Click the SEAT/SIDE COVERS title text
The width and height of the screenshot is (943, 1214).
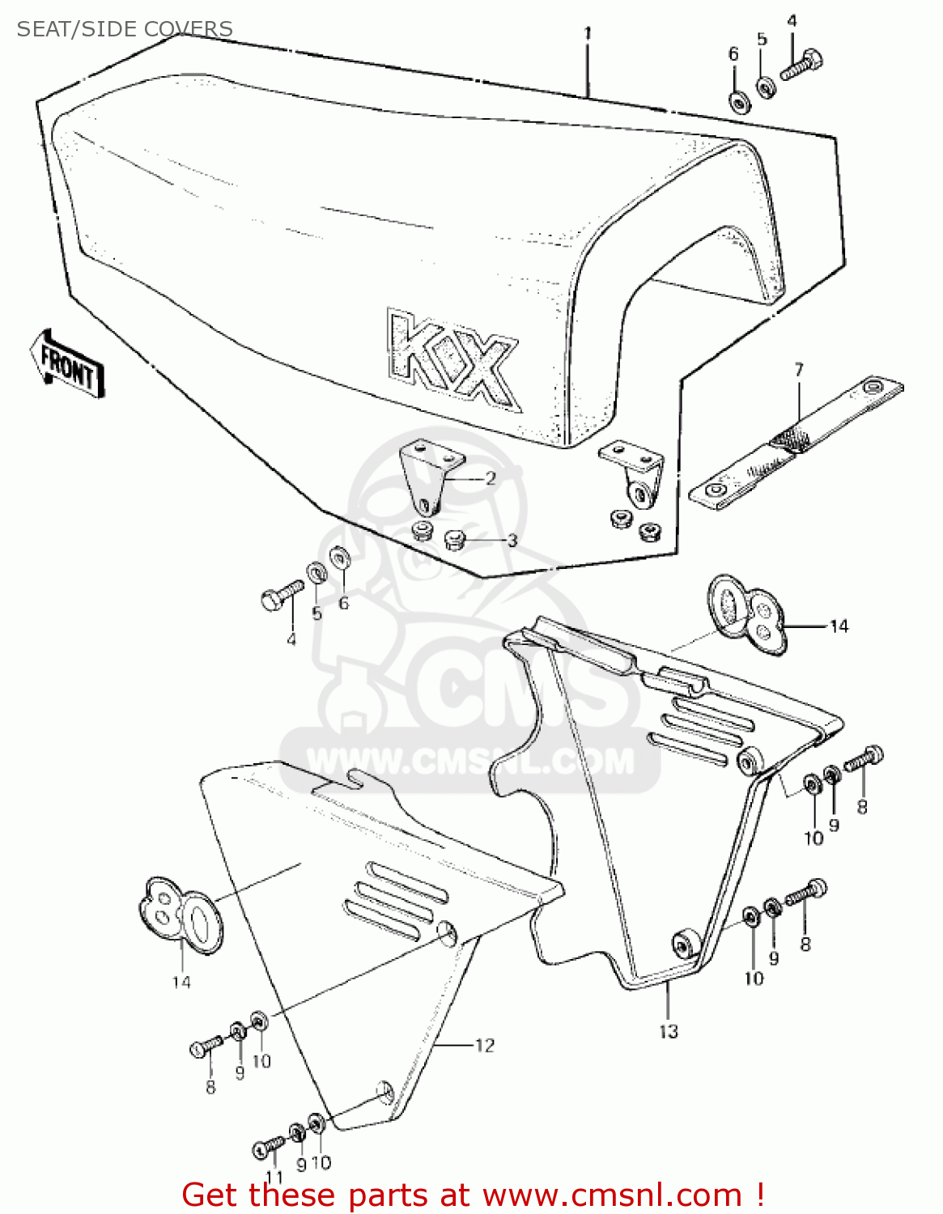pos(125,29)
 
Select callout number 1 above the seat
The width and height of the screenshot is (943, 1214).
pos(588,33)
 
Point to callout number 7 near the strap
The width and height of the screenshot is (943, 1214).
pos(799,370)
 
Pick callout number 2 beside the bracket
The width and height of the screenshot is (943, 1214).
pos(490,478)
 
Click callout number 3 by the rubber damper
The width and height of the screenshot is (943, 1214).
pos(512,540)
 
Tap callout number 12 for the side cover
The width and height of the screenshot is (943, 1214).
pos(484,1045)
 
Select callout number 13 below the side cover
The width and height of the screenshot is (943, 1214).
pos(668,1031)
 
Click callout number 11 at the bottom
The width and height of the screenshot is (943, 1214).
pos(274,1178)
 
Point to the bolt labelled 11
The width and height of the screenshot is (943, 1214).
pos(267,1147)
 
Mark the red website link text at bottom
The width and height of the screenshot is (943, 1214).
pos(473,1195)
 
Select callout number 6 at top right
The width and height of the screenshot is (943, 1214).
pos(733,54)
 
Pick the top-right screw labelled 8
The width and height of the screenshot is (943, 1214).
pos(864,759)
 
